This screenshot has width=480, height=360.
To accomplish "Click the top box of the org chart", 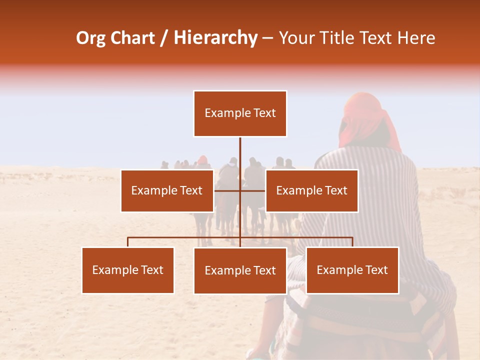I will point(240,113).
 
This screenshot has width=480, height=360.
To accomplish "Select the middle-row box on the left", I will point(167,190).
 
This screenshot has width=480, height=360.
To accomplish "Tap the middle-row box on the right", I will point(311,190).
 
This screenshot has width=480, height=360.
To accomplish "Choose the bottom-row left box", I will point(128,270).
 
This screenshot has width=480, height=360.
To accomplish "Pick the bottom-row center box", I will point(240,270).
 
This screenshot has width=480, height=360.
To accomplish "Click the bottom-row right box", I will point(352,270).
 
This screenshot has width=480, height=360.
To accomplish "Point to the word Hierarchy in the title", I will point(215,38).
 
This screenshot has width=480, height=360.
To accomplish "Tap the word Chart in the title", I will point(132,38).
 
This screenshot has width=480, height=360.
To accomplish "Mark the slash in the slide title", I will point(164,38).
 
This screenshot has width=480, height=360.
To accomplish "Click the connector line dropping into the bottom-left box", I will point(128,242).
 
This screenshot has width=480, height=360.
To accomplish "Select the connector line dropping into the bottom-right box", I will point(352,242).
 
